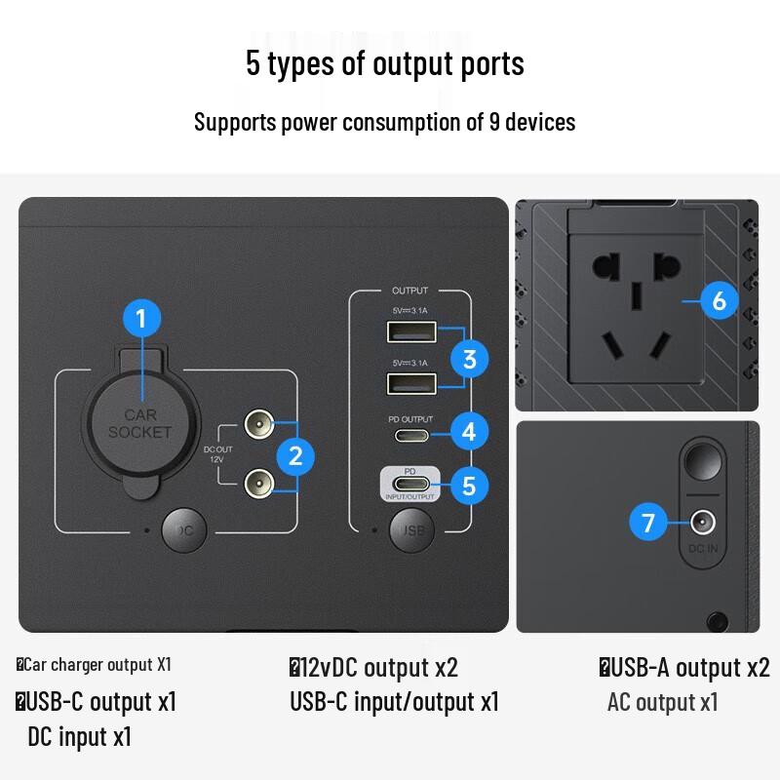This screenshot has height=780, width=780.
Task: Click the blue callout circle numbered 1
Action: pos(141,318)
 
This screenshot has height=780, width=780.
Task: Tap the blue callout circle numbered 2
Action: pos(295,454)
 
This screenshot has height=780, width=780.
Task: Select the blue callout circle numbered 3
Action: pos(469,359)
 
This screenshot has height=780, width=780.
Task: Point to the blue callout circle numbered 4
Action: pos(469,430)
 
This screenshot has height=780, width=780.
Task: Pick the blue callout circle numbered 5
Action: pos(469,485)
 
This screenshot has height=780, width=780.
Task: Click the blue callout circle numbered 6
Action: pos(720,300)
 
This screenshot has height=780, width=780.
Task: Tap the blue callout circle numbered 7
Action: pos(648,523)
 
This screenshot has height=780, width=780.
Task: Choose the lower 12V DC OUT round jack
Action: pos(256,480)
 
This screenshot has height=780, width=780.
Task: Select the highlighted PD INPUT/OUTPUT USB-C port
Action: pos(410,484)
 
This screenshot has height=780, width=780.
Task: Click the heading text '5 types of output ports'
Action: pos(385,63)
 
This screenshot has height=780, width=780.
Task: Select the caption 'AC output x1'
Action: pos(662,702)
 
